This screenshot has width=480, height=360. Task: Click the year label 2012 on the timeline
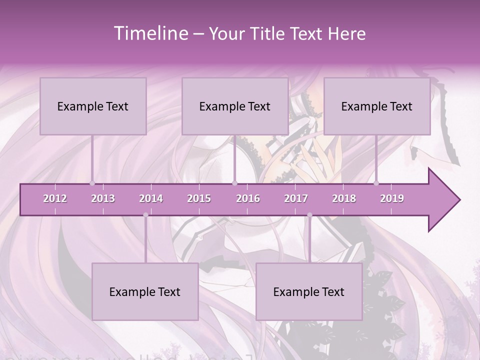[55, 198]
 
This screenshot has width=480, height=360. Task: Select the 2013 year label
[103, 198]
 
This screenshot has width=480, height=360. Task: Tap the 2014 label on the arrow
[151, 198]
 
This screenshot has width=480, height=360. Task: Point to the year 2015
[199, 198]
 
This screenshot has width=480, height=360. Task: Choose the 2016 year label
[248, 198]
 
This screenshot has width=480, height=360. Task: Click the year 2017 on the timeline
[296, 198]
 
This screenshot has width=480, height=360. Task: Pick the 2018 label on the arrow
[344, 198]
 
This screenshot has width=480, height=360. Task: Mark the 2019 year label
[392, 198]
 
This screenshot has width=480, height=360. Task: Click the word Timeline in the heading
[150, 33]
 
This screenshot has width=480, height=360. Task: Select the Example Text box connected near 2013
[93, 106]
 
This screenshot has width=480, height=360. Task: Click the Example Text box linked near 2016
[235, 106]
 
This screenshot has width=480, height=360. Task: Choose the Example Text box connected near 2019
[377, 106]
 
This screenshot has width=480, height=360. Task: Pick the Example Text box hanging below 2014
[145, 291]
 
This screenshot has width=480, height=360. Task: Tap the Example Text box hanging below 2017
[309, 291]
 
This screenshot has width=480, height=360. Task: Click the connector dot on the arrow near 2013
[92, 183]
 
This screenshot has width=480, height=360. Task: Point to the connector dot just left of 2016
[235, 183]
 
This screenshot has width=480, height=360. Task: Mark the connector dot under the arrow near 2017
[309, 215]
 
